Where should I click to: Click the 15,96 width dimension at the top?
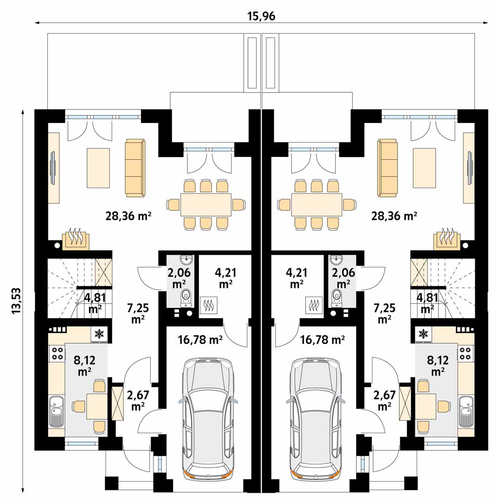pos(261,16)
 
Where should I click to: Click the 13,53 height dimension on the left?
pos(16,301)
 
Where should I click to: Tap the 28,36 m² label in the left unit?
pos(128,216)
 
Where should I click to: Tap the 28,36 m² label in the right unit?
pos(394,216)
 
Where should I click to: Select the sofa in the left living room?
pos(135,168)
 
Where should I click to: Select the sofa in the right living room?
pos(387,168)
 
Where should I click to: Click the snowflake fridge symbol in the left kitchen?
pos(100,334)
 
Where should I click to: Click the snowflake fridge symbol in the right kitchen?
pos(424,334)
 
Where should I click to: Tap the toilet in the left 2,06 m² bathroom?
pos(186,297)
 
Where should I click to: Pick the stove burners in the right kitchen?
pos(465,353)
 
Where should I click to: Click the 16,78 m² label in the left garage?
pos(200,340)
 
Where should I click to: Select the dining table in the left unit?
pos(206,204)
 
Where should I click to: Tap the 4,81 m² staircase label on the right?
pos(427,303)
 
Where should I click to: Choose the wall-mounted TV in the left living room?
pos(53,168)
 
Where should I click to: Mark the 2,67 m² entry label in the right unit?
pos(384,401)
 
